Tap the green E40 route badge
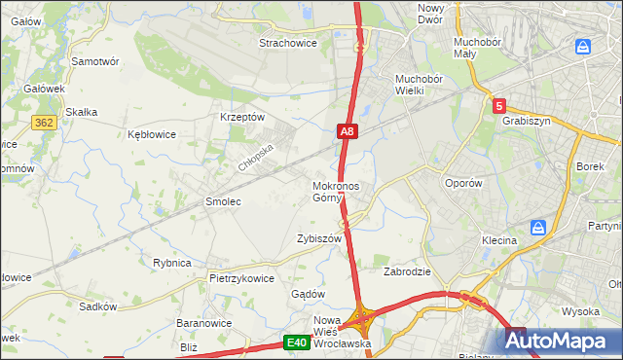(297, 342)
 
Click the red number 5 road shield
(499, 106)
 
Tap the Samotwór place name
(95, 60)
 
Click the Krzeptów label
(242, 117)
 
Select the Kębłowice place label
(152, 134)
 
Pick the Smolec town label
(222, 201)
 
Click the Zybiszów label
(319, 238)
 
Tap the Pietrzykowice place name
(241, 277)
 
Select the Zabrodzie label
(407, 271)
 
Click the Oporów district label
(462, 183)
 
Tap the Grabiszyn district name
(526, 122)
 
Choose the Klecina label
(498, 238)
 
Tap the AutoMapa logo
(562, 341)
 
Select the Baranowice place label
(202, 322)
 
